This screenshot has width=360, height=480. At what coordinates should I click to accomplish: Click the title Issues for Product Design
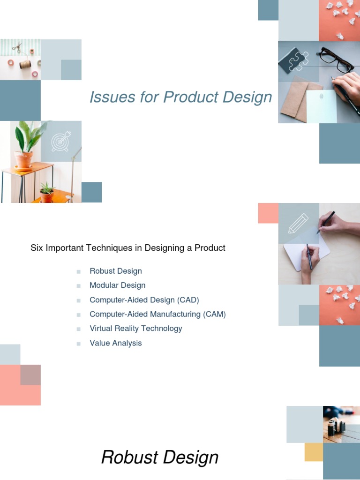[180, 97]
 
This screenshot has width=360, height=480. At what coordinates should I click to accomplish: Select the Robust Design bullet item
[115, 271]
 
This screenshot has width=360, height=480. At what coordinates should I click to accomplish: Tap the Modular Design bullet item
[117, 285]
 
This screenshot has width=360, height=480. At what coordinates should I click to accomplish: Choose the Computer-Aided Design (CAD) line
[144, 300]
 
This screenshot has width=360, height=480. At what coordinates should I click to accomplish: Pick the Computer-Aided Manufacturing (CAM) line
[157, 314]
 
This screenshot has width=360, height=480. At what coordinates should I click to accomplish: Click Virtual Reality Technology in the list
[135, 328]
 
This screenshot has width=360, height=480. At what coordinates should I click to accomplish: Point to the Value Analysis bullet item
[115, 343]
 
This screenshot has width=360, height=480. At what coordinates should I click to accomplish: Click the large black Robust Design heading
[160, 457]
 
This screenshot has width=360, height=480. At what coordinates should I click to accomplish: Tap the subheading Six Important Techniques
[128, 248]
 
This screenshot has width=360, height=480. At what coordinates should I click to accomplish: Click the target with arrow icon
[61, 141]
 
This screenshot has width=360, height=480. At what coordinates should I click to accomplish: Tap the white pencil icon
[298, 223]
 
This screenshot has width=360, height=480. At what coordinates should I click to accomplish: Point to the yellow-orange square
[314, 452]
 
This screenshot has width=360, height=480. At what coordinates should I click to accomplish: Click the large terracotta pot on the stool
[23, 159]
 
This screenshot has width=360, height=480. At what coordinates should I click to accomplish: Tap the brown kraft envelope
[298, 101]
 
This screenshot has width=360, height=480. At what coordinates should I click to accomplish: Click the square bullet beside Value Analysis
[79, 344]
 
